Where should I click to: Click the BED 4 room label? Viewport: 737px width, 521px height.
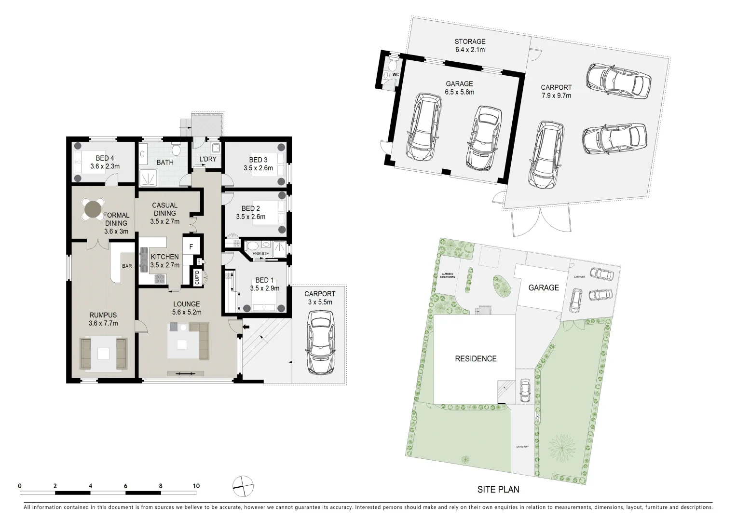[x=105, y=162]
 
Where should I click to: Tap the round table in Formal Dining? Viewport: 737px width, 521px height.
[x=92, y=209]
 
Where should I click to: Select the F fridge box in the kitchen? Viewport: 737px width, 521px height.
[x=191, y=247]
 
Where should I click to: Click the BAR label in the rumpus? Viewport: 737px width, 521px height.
[x=127, y=266]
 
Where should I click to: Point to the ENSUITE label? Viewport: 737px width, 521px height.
[x=260, y=254]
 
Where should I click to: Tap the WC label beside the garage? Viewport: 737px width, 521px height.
[x=396, y=75]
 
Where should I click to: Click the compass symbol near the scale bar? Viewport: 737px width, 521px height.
[x=243, y=486]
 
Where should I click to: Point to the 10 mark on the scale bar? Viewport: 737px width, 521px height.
[x=196, y=486]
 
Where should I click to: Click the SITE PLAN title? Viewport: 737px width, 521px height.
[x=498, y=489]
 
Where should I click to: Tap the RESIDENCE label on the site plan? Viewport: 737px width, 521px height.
[x=476, y=358]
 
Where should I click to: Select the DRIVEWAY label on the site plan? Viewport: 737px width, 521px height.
[x=522, y=447]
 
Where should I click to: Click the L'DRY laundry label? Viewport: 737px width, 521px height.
[x=208, y=160]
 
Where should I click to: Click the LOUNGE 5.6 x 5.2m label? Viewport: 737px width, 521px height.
[x=187, y=308]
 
